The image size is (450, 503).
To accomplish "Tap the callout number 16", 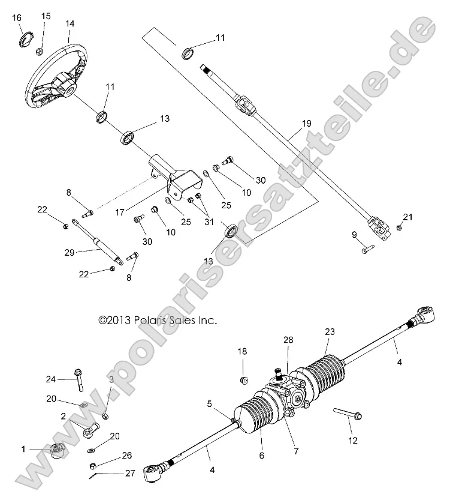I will (x=17, y=18).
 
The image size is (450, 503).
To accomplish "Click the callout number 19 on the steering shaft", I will (x=306, y=124).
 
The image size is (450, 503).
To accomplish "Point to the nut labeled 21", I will (x=400, y=227).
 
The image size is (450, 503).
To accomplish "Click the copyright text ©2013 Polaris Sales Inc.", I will (x=158, y=321).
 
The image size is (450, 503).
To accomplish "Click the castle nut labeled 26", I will (x=93, y=466).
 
